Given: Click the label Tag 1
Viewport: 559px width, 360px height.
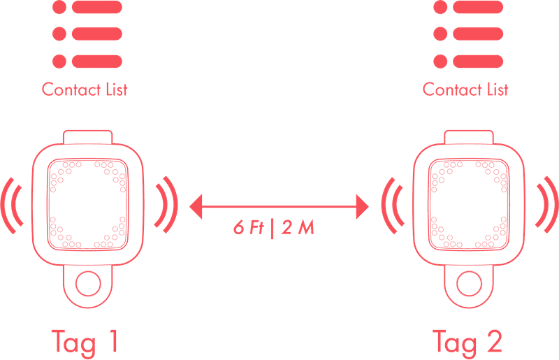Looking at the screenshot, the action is pos(85,341).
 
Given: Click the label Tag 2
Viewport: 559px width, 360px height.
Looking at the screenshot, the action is pos(467,341).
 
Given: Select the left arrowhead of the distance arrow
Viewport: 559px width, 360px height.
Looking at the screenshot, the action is pos(196,206).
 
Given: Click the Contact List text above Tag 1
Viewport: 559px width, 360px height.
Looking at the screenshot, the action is pos(85,89).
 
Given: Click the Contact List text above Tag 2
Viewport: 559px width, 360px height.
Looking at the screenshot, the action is pos(466,89).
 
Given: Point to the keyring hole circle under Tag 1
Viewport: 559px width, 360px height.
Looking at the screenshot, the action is pos(87,284).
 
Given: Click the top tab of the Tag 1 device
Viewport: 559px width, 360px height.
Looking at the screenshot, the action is pos(87,136).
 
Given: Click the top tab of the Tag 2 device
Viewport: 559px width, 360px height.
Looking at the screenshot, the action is pos(469,136).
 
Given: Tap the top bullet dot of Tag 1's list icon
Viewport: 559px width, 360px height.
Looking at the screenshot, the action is pos(59,8).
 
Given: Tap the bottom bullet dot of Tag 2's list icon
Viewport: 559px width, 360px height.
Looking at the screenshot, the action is pos(440,60).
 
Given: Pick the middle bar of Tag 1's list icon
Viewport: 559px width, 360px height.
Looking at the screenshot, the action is pos(96,34).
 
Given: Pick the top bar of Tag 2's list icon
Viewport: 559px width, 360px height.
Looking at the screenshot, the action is pos(478,8).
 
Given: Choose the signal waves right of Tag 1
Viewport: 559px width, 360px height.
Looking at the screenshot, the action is pos(167,206).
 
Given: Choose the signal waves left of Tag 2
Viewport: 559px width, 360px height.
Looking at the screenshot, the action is pos(391,206).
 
